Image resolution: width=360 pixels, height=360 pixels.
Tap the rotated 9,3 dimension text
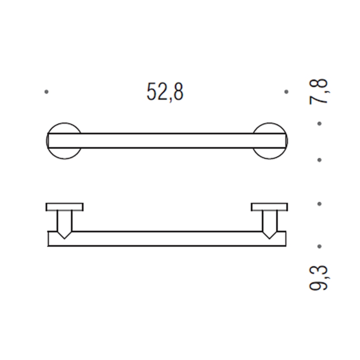(x=320, y=277)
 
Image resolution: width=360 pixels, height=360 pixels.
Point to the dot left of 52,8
(x=46, y=91)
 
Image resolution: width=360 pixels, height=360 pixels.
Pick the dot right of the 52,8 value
(x=287, y=91)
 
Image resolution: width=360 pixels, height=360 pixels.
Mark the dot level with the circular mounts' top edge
(x=320, y=124)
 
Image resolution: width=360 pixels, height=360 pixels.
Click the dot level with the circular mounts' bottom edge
(x=320, y=160)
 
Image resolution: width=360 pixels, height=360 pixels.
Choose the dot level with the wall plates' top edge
(x=320, y=204)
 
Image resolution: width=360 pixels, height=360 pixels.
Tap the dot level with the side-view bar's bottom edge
(x=320, y=246)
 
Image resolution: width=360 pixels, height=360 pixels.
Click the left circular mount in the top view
(x=64, y=141)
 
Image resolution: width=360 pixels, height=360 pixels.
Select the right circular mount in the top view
(x=271, y=141)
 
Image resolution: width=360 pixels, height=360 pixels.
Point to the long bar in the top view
(x=167, y=141)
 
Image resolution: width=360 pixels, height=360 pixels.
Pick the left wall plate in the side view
(x=64, y=207)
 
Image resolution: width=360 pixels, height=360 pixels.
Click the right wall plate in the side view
(x=270, y=207)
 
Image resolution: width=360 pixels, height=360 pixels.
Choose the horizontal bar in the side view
(x=167, y=239)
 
